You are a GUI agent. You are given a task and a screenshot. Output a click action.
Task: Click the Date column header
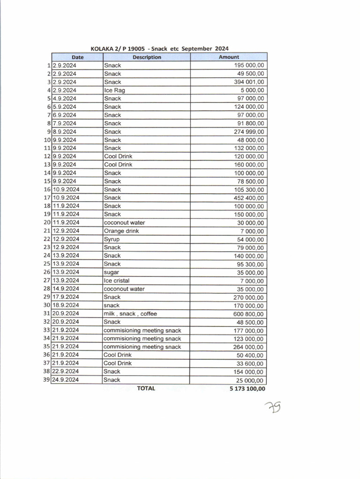pyautogui.click(x=77, y=57)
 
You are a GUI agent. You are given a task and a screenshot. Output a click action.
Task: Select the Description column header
pyautogui.click(x=147, y=57)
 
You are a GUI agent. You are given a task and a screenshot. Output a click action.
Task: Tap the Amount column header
pyautogui.click(x=229, y=57)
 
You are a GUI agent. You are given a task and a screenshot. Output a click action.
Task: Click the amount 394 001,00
pyautogui.click(x=249, y=82)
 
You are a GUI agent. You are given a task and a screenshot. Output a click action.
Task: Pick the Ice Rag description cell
pyautogui.click(x=114, y=90)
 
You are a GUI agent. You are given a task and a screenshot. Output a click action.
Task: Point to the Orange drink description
pyautogui.click(x=121, y=231)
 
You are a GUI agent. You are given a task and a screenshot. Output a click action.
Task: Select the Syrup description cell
pyautogui.click(x=112, y=239)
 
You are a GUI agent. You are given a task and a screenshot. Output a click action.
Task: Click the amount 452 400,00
pyautogui.click(x=249, y=198)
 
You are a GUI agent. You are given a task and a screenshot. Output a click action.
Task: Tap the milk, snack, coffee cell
pyautogui.click(x=130, y=314)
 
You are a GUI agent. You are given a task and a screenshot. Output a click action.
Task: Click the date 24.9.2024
pyautogui.click(x=66, y=380)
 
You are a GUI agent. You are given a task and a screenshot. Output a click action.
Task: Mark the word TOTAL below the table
pyautogui.click(x=146, y=388)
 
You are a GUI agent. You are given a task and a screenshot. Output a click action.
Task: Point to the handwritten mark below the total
pyautogui.click(x=272, y=409)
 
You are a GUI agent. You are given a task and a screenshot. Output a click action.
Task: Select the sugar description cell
pyautogui.click(x=112, y=272)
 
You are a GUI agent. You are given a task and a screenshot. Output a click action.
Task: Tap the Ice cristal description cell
pyautogui.click(x=117, y=281)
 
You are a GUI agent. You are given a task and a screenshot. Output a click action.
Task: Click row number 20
pyautogui.click(x=47, y=223)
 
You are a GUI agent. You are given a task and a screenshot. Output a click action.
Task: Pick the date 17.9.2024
pyautogui.click(x=66, y=297)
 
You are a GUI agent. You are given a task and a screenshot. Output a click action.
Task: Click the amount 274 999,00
pyautogui.click(x=249, y=132)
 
